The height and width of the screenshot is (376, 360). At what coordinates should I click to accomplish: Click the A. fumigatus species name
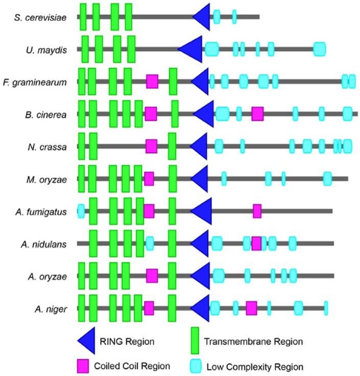point(44,212)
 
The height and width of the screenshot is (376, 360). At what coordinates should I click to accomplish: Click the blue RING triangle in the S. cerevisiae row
point(202,17)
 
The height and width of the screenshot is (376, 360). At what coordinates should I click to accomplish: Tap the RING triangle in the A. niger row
point(201,308)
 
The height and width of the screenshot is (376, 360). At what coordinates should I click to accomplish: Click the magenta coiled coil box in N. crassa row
point(151,146)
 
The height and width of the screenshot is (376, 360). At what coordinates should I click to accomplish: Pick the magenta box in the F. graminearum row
point(152,82)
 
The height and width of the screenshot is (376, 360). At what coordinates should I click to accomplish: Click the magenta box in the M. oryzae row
point(149,179)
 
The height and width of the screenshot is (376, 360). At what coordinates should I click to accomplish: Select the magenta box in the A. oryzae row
point(152,276)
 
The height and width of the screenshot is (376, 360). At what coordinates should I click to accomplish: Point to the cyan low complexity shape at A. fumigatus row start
point(81,211)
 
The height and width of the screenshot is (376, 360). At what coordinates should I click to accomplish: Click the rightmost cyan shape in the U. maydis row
point(320,49)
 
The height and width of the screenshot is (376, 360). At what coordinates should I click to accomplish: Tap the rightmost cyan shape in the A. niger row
point(326,308)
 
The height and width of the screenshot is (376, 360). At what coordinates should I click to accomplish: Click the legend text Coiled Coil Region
point(132,366)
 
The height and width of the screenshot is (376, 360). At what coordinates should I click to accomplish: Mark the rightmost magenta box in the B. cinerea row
point(257,114)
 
